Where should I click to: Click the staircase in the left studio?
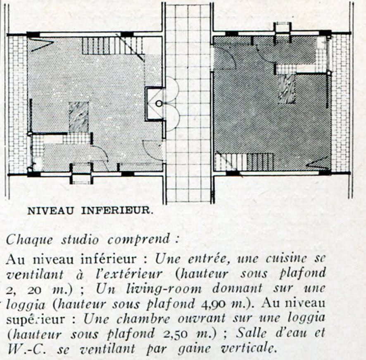pyautogui.click(x=112, y=46)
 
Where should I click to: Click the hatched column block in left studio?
pyautogui.click(x=78, y=117)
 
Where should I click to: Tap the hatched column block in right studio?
pyautogui.click(x=287, y=89)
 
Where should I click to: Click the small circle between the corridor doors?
pyautogui.click(x=159, y=104)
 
